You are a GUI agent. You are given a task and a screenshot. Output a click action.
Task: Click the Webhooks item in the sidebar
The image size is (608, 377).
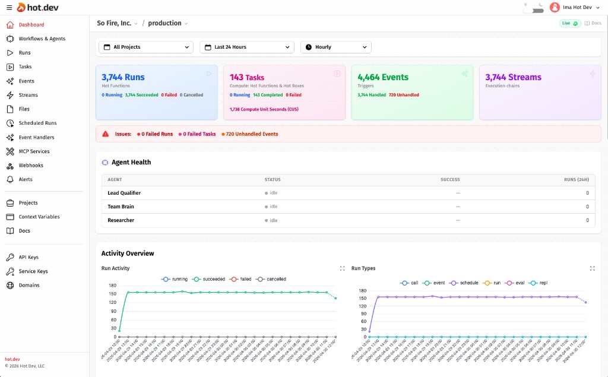pos(31,165)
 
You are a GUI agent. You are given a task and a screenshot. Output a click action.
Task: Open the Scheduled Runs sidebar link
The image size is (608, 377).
pos(37,123)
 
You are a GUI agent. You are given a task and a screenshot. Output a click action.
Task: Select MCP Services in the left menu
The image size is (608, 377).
pos(34,151)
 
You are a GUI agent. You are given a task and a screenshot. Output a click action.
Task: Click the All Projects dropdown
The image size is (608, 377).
pos(145,47)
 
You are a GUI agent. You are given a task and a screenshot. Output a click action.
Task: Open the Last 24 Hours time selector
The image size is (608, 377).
pos(246,47)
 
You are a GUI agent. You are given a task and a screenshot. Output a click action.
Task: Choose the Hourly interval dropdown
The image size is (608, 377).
pos(335,47)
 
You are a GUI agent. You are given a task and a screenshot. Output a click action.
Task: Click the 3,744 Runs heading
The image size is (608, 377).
pos(123,77)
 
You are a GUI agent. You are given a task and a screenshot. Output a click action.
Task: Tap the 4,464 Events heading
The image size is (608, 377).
pos(383,77)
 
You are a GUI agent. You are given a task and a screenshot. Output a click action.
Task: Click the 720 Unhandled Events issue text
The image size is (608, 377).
pos(252,134)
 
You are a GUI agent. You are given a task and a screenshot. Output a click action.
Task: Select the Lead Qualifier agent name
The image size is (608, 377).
pos(124,193)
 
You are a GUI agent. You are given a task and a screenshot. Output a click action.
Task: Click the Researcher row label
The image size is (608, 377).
pos(121,220)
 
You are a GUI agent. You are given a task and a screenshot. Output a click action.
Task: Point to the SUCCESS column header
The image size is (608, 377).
pos(450,179)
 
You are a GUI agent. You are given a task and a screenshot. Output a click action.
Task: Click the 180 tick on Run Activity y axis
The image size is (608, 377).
pos(112,285)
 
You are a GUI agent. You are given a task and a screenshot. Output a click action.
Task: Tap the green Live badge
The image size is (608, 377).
pos(569,23)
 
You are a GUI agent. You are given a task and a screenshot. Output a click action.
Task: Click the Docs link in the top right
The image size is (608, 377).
pos(593,23)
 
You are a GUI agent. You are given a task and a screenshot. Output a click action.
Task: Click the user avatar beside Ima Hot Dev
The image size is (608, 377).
pos(555,7)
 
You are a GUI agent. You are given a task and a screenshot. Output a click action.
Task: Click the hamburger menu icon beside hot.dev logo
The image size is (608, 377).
pos(8,7)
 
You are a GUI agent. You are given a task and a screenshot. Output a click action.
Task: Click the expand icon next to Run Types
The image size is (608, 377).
pos(592,268)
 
